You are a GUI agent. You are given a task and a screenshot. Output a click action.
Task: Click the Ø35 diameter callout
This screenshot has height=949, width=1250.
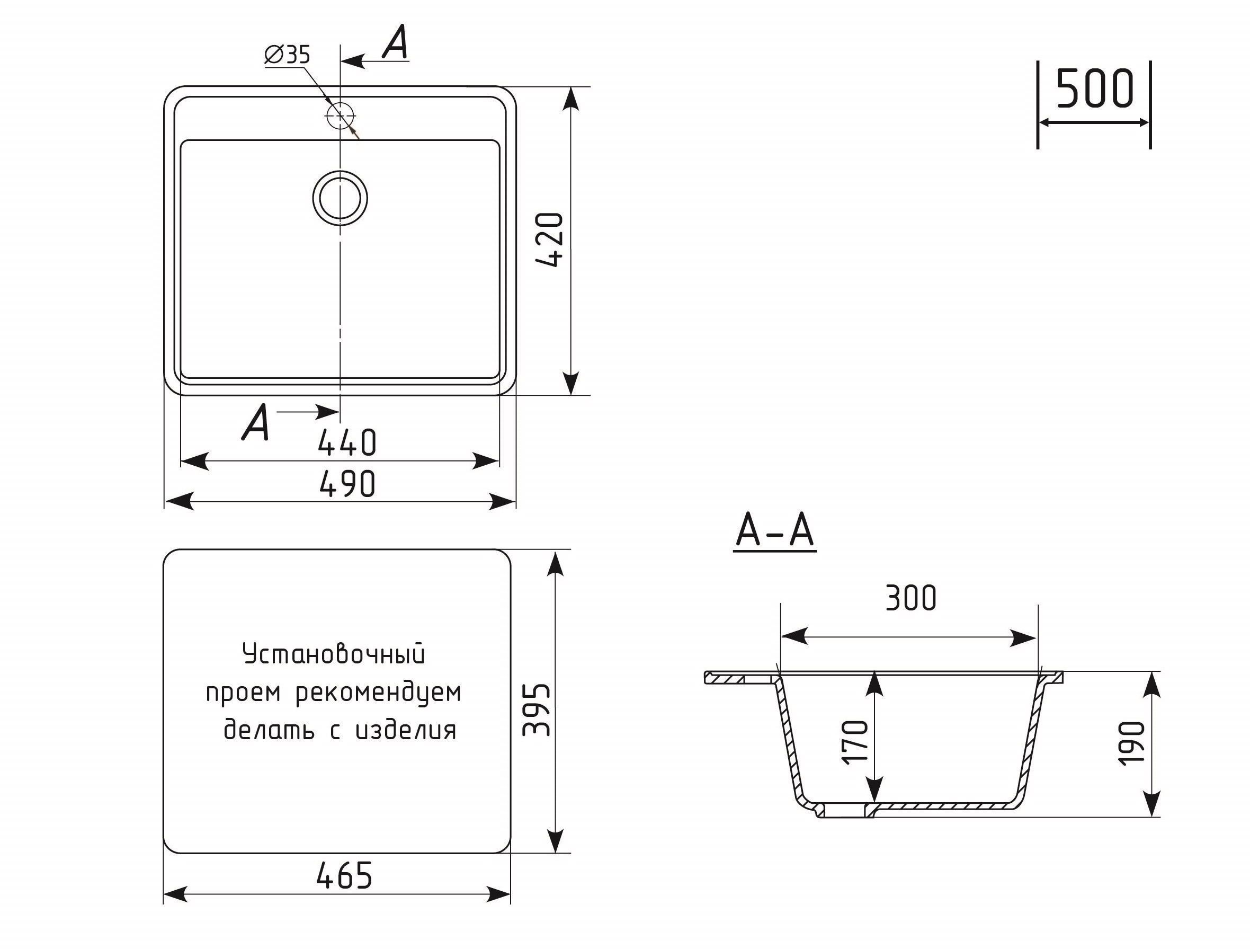(288, 55)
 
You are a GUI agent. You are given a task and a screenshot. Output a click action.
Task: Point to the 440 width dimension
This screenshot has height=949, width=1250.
(347, 442)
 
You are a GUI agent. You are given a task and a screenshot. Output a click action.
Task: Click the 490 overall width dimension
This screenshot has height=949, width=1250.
(347, 484)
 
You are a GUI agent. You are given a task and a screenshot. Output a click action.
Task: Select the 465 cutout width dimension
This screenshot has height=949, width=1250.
(344, 875)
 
